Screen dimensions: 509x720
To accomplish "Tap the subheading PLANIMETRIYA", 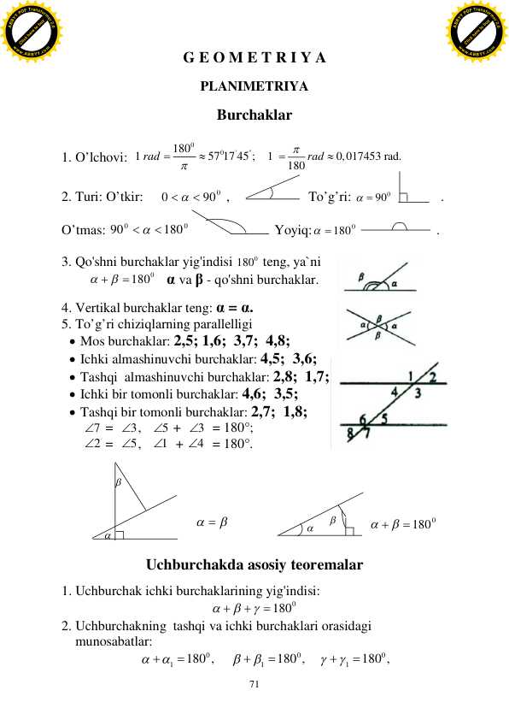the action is tap(254, 86).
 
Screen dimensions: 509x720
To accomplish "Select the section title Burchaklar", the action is tap(254, 114).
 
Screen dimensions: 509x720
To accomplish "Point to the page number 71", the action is tap(254, 684).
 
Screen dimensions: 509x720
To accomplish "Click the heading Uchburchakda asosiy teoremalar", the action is tap(255, 565).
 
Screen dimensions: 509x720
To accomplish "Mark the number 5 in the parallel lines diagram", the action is tap(384, 419).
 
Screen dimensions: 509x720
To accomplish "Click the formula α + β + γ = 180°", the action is tap(254, 608).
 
